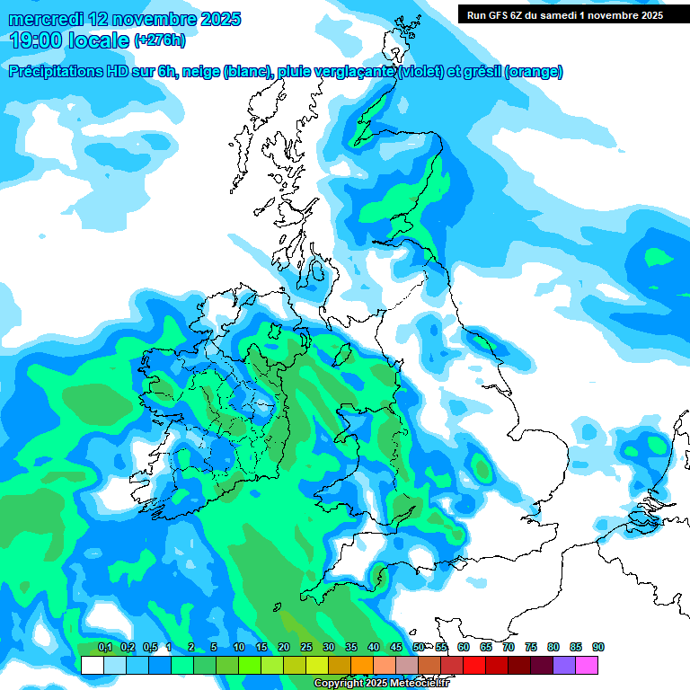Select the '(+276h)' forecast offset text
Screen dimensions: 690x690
click(160, 40)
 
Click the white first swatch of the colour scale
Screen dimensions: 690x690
click(92, 665)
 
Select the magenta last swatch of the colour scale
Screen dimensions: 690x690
click(588, 665)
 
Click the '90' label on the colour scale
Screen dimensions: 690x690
click(597, 648)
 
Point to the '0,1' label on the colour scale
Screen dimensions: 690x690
click(104, 648)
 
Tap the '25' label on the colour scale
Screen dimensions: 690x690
click(305, 648)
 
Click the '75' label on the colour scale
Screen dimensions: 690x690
click(530, 648)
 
